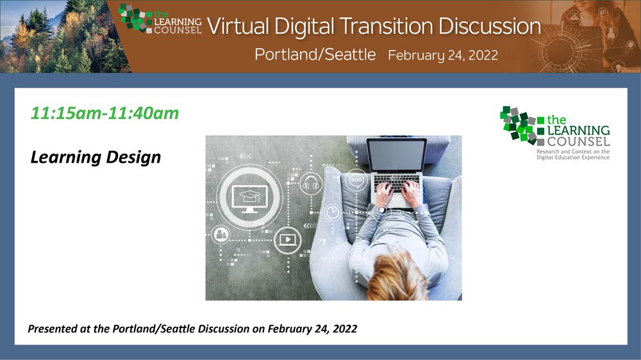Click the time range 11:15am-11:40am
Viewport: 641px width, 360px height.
click(x=104, y=113)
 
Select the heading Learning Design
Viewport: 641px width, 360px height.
click(x=96, y=158)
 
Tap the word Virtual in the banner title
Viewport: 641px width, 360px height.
click(x=238, y=26)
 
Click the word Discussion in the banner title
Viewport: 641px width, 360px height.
click(x=490, y=26)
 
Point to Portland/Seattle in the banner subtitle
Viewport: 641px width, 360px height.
click(x=315, y=54)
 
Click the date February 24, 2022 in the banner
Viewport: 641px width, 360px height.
click(x=443, y=55)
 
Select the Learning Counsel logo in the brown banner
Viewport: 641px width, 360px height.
click(x=160, y=19)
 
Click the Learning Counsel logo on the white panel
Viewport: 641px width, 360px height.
click(x=554, y=126)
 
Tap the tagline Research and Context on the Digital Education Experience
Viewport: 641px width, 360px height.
click(x=572, y=154)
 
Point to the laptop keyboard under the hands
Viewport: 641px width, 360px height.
click(x=396, y=184)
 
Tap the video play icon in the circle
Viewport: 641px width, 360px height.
click(x=287, y=240)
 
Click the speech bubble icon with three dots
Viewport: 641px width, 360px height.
click(x=356, y=180)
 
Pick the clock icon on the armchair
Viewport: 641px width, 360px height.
click(x=332, y=213)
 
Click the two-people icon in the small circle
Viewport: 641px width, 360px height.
click(x=221, y=234)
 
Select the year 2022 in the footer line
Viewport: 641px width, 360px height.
click(x=345, y=329)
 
